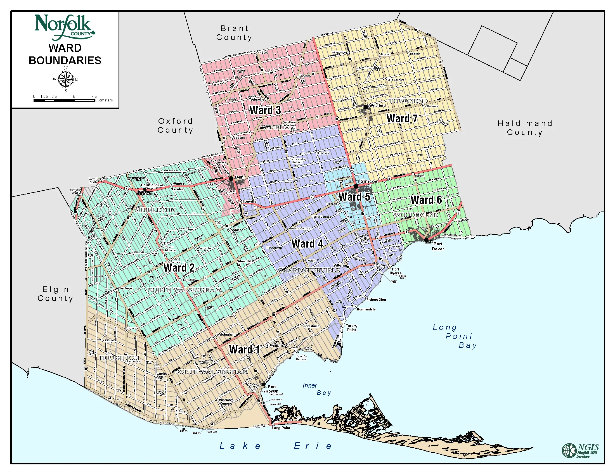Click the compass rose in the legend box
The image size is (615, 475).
point(66,79)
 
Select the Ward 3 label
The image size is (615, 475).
point(265,110)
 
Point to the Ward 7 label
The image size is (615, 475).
point(402,118)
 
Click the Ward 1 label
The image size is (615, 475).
point(244,350)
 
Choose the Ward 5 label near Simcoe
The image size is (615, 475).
point(354,197)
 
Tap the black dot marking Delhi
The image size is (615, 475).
point(231,179)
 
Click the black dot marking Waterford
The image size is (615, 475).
point(366,107)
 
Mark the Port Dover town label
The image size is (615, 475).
point(438,246)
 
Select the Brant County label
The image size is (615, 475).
point(234,33)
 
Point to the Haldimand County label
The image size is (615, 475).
point(525,128)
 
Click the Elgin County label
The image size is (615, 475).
point(55,294)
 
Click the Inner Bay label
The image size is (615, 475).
point(317,389)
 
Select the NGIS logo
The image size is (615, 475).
point(580,450)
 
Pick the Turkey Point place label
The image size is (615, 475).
point(351,327)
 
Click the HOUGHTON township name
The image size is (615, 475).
point(119,358)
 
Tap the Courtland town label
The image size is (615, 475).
point(149,185)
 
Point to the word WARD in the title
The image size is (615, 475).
point(65,48)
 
